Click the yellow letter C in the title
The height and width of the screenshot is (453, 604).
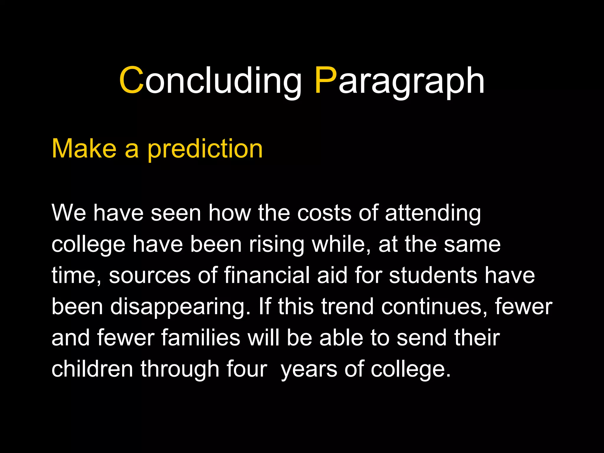131,81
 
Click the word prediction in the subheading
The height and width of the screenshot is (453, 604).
205,149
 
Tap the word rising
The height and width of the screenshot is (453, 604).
276,245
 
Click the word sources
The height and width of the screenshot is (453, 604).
150,275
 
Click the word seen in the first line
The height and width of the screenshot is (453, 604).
176,213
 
